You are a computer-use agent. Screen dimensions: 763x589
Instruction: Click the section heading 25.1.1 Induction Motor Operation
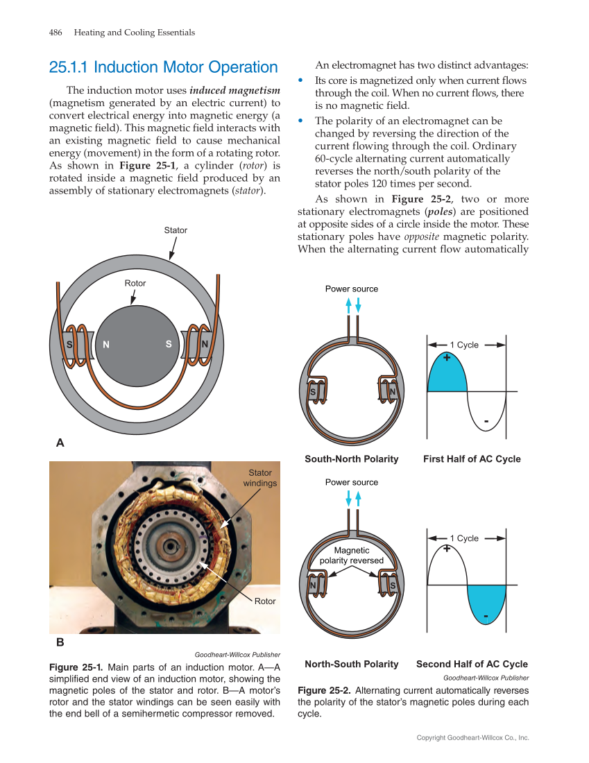pos(163,67)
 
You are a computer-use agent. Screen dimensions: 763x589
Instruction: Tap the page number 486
pos(56,33)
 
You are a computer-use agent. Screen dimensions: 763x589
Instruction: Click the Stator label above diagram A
pos(176,230)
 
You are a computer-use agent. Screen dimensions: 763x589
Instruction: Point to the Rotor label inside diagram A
pos(135,283)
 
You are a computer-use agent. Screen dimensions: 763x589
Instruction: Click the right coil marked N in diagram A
pos(197,344)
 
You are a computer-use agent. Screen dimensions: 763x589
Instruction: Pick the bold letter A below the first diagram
pos(60,442)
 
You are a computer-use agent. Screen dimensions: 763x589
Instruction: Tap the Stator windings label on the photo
pos(260,478)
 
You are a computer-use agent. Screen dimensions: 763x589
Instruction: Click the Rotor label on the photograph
pos(265,601)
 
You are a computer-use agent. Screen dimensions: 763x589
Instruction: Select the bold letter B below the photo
pos(60,642)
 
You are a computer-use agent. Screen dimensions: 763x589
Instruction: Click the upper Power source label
pos(352,289)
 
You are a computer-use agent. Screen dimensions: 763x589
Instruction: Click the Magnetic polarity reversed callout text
pos(352,555)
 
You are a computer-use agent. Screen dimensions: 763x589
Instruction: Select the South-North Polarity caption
pos(352,459)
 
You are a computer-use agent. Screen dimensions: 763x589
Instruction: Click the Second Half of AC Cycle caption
pos(472,664)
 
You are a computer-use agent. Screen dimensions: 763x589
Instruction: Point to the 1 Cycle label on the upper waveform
pos(464,345)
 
